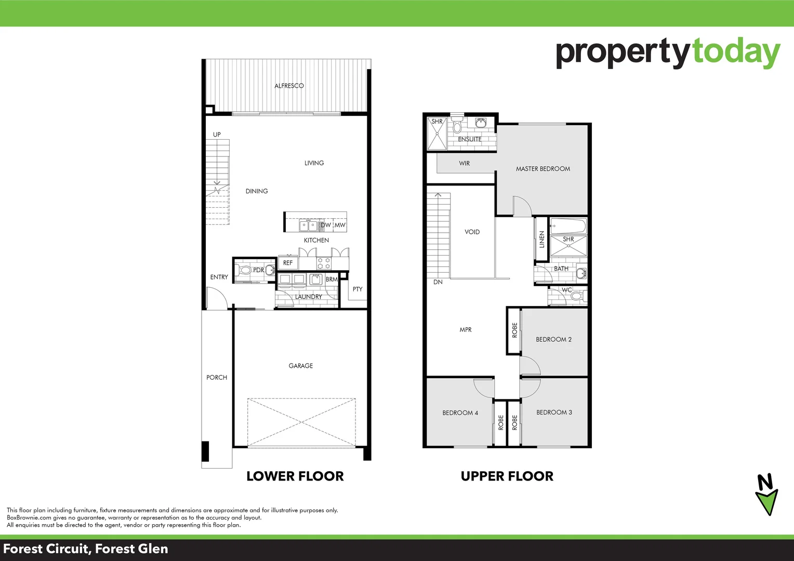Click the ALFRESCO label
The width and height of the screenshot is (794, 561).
tap(289, 86)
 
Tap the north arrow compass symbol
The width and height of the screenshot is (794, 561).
tap(766, 495)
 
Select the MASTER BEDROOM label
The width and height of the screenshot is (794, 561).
tap(542, 169)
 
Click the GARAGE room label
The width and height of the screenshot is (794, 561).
tap(300, 366)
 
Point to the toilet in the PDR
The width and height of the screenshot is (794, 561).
tap(245, 270)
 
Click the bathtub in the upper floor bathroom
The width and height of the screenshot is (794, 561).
tap(568, 226)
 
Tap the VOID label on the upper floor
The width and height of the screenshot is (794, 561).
tap(472, 232)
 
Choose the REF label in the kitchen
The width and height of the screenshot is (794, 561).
tap(288, 263)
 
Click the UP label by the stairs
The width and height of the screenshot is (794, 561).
tap(217, 135)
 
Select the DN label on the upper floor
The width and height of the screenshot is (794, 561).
tap(438, 282)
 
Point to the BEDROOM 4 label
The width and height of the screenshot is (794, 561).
tap(460, 413)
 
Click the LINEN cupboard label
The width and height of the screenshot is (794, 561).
tap(541, 239)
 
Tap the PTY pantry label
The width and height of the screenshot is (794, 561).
tap(358, 289)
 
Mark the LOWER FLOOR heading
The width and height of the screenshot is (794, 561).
tap(295, 476)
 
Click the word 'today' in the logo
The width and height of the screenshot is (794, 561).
tap(736, 52)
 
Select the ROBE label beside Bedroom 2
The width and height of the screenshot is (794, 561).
tap(514, 330)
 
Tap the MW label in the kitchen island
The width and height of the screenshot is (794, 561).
tap(340, 225)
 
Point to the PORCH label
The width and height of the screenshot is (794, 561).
tap(217, 378)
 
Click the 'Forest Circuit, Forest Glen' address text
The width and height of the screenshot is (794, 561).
tap(86, 549)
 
